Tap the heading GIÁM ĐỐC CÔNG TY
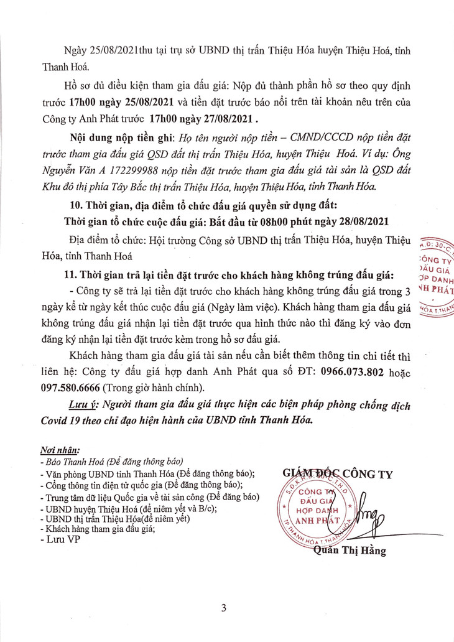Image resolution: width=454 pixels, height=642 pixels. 338,474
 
